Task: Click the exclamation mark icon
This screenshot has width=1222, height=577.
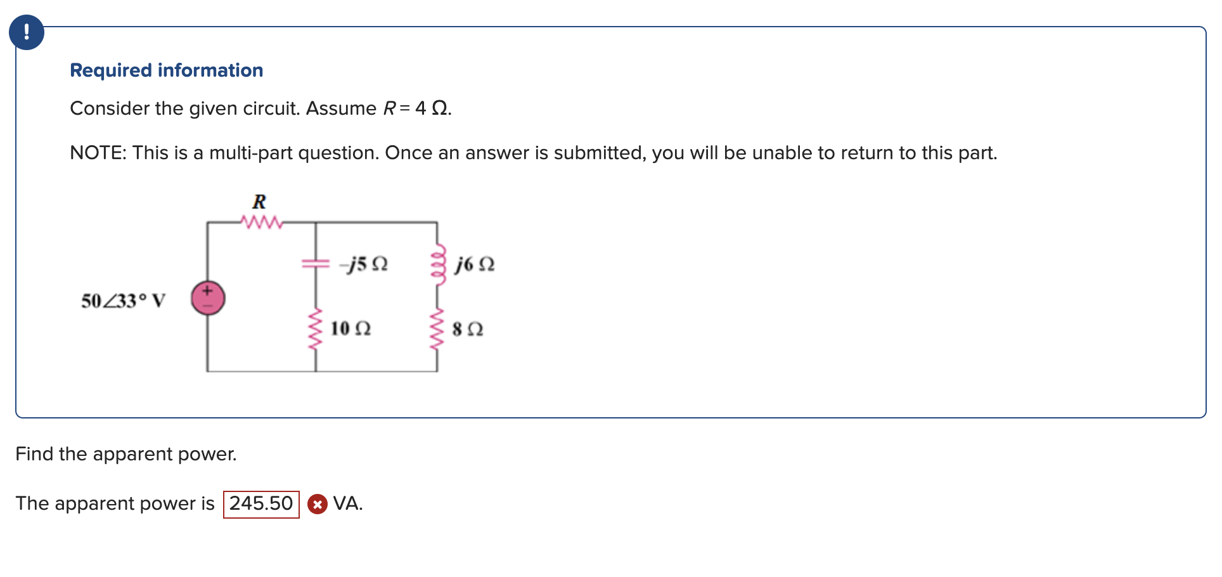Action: coord(27,32)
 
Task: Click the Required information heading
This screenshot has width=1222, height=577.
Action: coord(166,70)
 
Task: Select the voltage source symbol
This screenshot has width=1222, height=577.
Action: coord(208,298)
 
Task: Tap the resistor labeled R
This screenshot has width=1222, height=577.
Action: coord(260,223)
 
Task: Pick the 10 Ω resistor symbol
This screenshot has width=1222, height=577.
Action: coord(316,329)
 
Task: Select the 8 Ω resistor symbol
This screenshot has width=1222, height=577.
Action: coord(437,329)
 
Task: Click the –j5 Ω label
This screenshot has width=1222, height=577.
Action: coord(364,264)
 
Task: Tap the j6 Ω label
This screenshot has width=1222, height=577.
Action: coord(474,264)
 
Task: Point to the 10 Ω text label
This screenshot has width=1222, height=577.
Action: coord(351,328)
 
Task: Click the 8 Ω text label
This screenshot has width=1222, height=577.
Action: coord(468,329)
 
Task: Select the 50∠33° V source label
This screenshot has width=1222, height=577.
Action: coord(123,301)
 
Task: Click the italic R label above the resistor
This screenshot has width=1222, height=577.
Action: coord(259,202)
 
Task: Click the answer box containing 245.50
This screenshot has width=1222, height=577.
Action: coord(261,504)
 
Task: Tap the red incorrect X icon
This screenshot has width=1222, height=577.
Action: coord(318,504)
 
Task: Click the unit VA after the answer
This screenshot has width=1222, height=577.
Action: coord(347,503)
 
